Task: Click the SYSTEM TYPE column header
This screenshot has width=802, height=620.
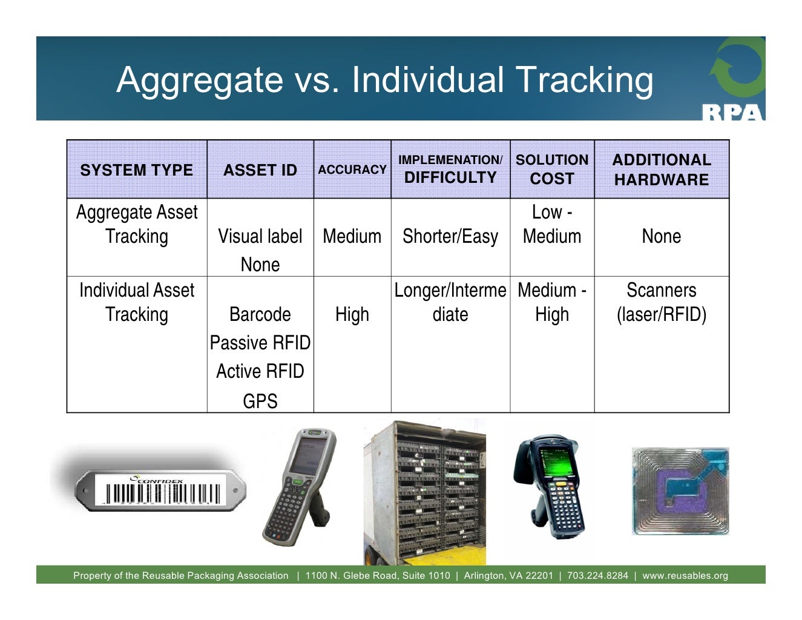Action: coord(136,170)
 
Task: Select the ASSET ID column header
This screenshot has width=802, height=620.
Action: coord(260,170)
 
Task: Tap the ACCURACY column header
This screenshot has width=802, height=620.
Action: coord(352,170)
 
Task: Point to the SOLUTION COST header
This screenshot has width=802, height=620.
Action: coord(551,170)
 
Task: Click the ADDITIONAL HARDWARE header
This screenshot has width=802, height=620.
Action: coord(661,170)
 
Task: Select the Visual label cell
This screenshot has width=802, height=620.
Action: coord(260,236)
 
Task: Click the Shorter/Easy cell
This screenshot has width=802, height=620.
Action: coord(450,236)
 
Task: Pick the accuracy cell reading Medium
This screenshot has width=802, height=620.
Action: coord(352,236)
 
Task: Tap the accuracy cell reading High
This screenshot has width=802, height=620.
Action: coord(352,314)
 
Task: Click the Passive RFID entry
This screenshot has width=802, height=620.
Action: coord(260,343)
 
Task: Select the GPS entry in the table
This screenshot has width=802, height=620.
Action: coord(260,401)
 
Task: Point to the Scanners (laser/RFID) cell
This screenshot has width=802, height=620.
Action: coord(661,302)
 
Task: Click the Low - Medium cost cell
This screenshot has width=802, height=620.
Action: coord(551,224)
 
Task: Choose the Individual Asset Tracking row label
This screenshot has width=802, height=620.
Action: coord(136,302)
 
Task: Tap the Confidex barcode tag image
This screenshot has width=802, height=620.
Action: coord(160,490)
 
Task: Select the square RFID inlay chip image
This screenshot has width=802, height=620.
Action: coord(680,491)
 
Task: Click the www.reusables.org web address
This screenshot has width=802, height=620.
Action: coord(685,575)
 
